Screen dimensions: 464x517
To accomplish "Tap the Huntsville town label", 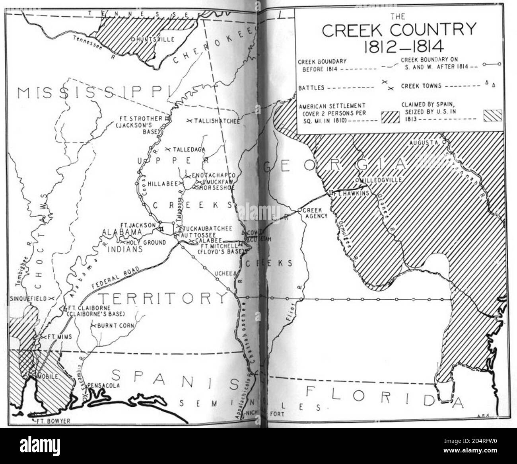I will (151, 39).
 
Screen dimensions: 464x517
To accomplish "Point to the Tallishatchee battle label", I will (216, 121).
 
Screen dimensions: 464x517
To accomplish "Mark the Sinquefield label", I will (28, 298).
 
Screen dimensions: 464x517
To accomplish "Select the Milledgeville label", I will (381, 180).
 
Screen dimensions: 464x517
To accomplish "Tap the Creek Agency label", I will (315, 213).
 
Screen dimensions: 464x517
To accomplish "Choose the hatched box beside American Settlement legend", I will (390, 117).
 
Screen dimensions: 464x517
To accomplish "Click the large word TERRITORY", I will (163, 298).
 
